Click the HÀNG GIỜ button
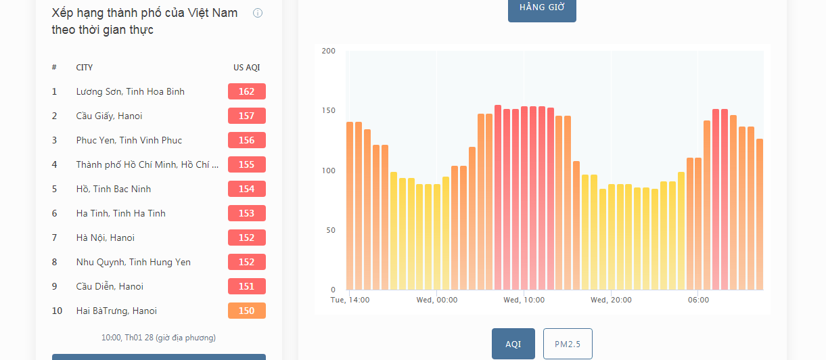542,9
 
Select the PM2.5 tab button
568,344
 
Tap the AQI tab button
513,344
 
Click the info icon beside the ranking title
257,14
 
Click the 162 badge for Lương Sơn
247,91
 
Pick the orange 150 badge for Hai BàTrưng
247,311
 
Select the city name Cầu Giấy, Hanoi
109,116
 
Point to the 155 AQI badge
247,164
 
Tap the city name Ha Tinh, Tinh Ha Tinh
120,213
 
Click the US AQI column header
247,68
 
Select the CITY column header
85,68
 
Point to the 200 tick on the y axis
329,51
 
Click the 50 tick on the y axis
331,230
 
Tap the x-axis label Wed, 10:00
524,300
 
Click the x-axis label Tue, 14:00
350,300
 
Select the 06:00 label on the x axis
698,300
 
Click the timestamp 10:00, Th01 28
127,338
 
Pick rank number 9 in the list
54,286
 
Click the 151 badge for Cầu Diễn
247,286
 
